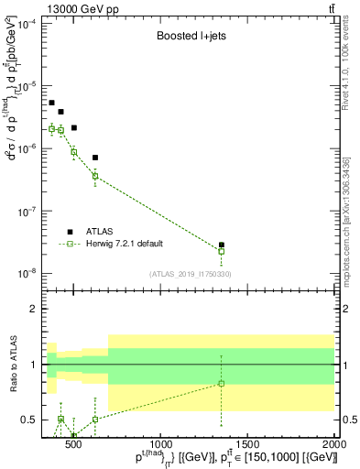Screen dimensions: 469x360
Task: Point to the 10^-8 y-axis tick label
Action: pos(26,273)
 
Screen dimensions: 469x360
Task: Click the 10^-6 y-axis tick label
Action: pos(26,148)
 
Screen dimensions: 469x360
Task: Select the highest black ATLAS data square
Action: pos(51,103)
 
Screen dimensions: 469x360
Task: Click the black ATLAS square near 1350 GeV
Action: pos(222,245)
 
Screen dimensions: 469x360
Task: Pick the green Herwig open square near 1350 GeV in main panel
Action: pos(222,251)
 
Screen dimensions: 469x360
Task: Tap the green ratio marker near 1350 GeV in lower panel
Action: pos(222,383)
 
